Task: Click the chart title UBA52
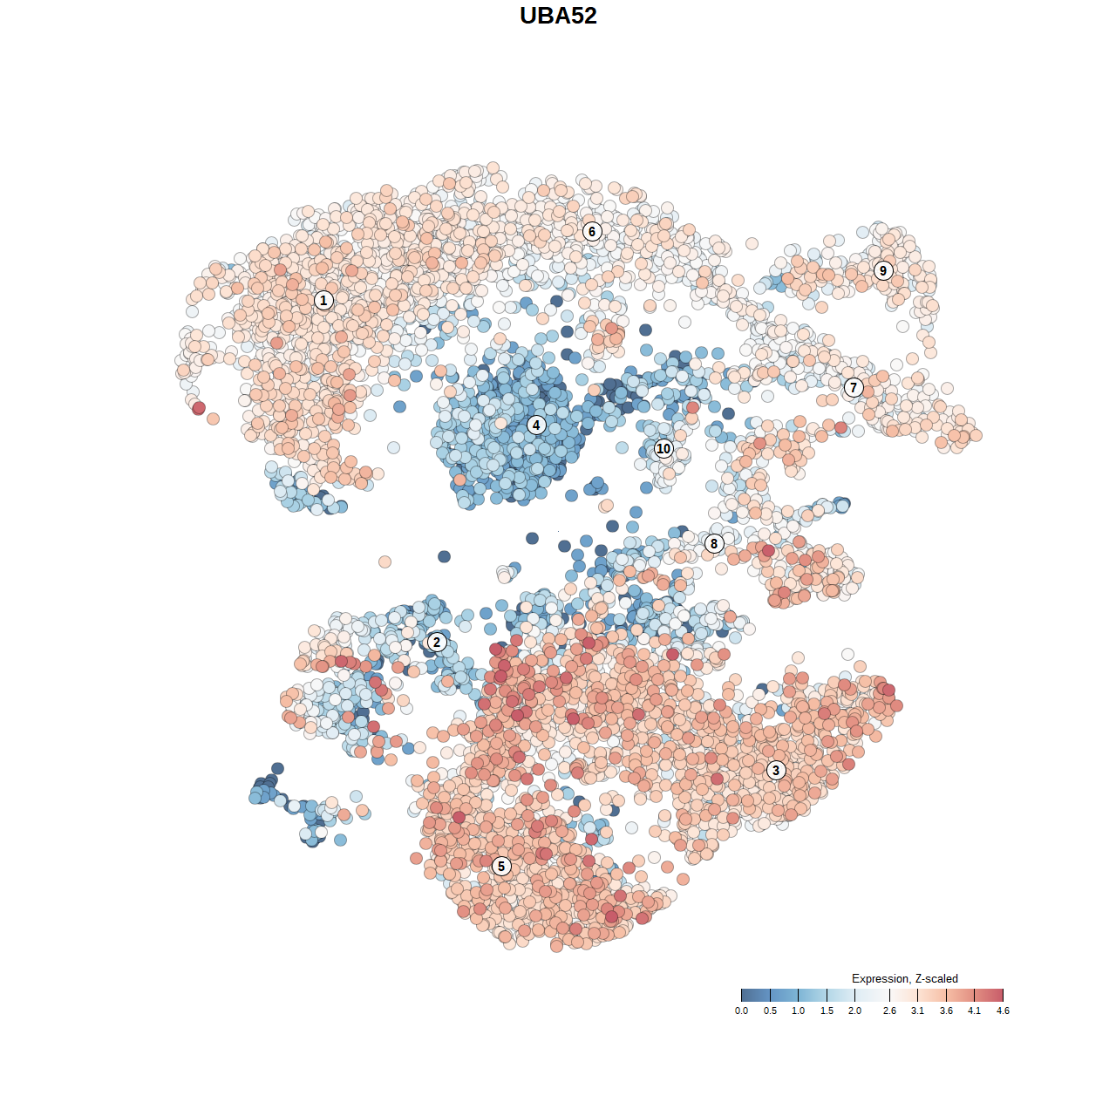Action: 558,16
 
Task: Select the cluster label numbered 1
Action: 323,301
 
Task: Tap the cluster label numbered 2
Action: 437,643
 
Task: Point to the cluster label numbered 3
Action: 776,770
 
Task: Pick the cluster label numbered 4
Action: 536,425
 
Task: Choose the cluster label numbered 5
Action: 501,866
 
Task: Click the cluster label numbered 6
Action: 592,231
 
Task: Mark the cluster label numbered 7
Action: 854,388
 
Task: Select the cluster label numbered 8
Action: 714,544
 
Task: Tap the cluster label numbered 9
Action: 883,270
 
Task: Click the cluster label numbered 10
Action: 663,449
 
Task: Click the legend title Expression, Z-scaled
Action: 904,978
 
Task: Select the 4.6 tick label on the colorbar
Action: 1003,1011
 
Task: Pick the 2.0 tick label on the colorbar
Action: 854,1011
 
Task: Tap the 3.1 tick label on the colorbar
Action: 917,1011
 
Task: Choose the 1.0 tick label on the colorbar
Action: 798,1011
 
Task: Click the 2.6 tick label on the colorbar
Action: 889,1011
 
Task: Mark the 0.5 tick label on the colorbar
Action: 770,1011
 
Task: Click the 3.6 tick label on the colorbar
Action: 946,1011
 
